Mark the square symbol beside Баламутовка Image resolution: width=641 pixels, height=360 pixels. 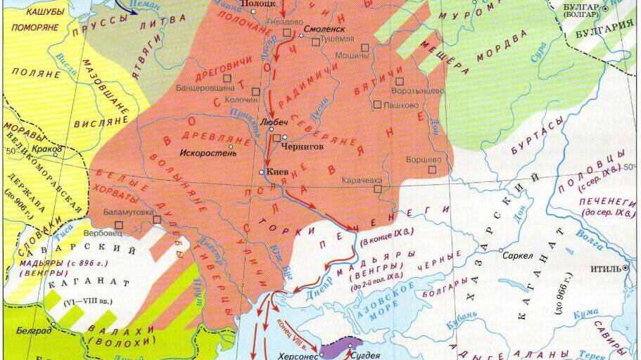pyautogui.click(x=157, y=219)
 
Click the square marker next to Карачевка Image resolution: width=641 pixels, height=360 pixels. pyautogui.click(x=378, y=188)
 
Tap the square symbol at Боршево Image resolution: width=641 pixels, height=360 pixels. pyautogui.click(x=432, y=169)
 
